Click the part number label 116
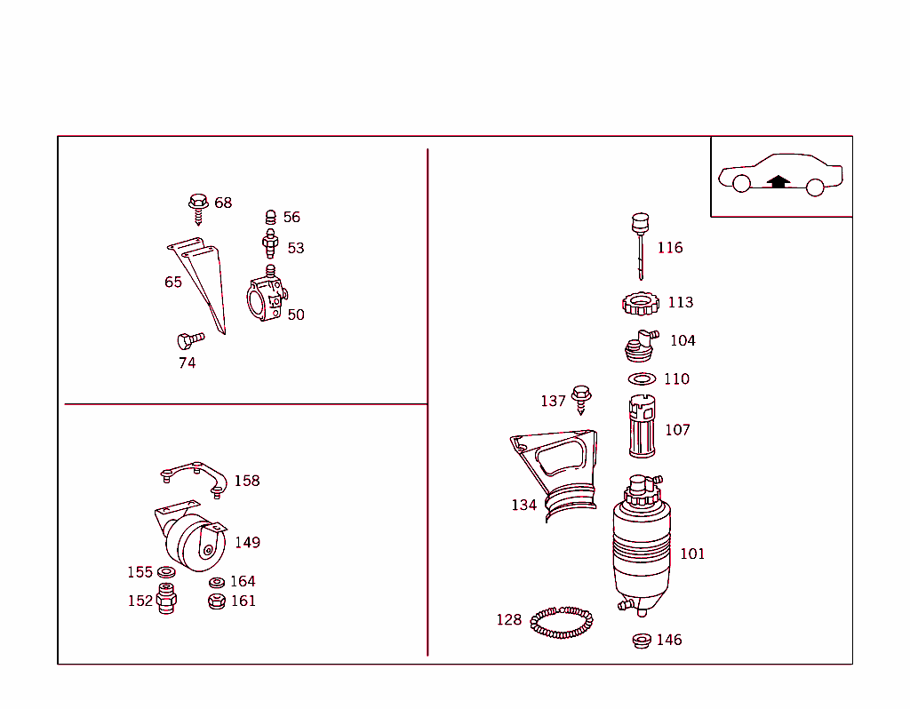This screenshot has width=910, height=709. pos(670,248)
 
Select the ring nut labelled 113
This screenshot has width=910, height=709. pos(641,304)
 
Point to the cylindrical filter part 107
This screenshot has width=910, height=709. pos(643,428)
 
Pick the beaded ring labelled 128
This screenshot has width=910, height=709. pos(562,623)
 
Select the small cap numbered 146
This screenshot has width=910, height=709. pos(642,640)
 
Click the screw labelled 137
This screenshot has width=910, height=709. pos(581,398)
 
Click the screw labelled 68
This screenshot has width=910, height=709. pos(198,206)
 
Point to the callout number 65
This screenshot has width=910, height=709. pos(173,283)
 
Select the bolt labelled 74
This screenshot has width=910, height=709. pos(189,339)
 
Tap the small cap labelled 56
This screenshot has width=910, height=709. pos(271,217)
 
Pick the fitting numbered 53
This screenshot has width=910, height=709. pos(271,242)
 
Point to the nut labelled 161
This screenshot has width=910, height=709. pos(216,601)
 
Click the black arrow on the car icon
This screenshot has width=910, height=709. pos(778,181)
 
